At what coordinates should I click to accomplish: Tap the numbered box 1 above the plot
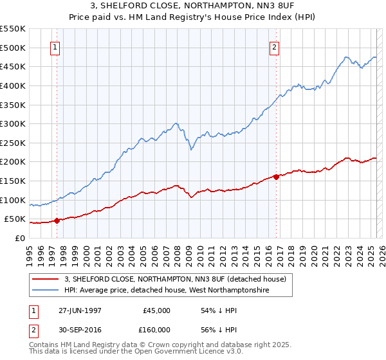click(55, 47)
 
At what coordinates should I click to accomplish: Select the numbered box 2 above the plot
click(275, 47)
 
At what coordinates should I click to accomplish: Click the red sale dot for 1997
click(57, 221)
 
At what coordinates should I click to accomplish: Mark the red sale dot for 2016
click(276, 177)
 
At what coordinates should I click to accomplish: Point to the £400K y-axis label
click(13, 85)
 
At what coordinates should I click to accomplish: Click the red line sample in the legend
click(45, 278)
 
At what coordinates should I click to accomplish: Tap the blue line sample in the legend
click(45, 291)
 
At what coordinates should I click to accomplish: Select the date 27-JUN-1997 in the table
click(80, 310)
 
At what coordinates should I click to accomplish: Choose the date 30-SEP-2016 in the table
click(80, 329)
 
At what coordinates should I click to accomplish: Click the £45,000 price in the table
click(157, 310)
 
